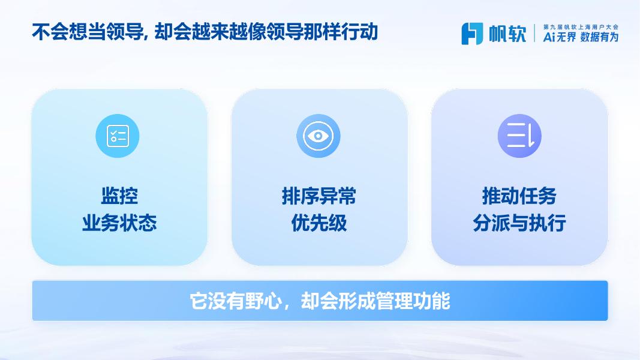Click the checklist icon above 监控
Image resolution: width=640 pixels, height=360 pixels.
point(118,136)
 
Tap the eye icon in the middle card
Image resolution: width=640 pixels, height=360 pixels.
point(319,136)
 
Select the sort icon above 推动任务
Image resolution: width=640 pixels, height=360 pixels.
point(519,136)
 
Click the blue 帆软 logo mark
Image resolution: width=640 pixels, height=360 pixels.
point(472,34)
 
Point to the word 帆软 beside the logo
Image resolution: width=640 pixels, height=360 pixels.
point(508,34)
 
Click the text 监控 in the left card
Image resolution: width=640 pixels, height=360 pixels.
point(119,196)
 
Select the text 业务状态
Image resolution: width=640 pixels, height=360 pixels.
point(119,223)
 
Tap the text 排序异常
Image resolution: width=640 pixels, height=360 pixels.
point(319,196)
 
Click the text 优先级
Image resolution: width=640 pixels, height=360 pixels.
point(319,223)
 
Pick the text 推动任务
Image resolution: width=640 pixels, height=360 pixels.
point(519,196)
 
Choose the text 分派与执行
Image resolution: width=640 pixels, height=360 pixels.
point(519,223)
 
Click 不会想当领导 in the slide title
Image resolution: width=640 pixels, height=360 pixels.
point(87,32)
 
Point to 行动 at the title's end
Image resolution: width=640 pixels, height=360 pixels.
point(360,32)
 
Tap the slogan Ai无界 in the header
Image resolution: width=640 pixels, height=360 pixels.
point(560,37)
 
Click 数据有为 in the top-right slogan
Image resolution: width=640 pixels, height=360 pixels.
point(599,37)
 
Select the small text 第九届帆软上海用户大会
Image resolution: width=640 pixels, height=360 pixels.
point(581,27)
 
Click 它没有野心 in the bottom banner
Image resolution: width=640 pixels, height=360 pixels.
point(236,301)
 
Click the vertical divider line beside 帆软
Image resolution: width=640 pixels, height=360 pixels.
point(534,33)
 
